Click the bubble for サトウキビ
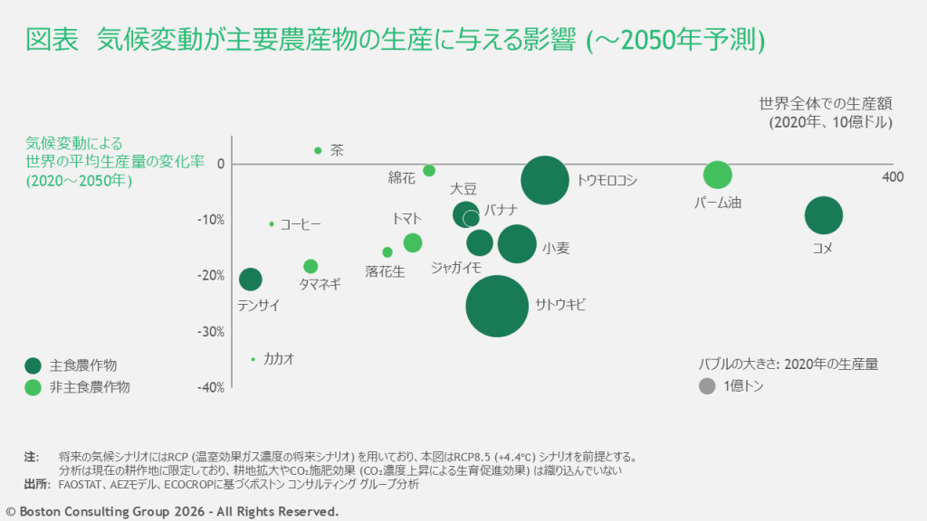coord(497,306)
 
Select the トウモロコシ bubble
coord(545,180)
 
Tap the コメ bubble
coord(824,215)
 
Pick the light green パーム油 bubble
coord(717,175)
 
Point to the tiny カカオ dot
coord(253,359)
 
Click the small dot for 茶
coord(318,150)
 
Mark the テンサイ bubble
coord(251,279)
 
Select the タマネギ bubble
coord(311,266)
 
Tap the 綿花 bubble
coord(429,170)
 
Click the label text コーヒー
coord(301,224)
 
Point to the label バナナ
coord(501,210)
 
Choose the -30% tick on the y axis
coord(212,331)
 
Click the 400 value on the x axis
coord(893,177)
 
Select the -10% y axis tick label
coord(212,220)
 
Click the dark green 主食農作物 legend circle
coord(33,365)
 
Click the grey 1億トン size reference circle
coord(707,386)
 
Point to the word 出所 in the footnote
coord(36,485)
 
